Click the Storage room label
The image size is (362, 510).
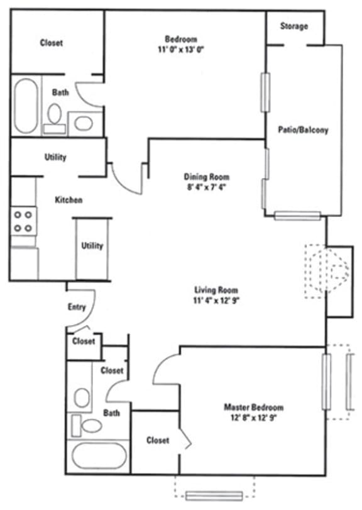coord(294,26)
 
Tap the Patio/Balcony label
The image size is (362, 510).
coord(303,130)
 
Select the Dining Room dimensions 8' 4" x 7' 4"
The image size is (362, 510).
coord(206,187)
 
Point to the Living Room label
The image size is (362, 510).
coord(216,290)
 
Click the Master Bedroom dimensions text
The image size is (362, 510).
coord(253,418)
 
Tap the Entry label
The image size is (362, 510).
coord(76,307)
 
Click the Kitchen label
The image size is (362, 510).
coord(69,200)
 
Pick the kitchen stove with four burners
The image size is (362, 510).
coord(23,221)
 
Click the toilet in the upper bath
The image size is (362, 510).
coord(55,116)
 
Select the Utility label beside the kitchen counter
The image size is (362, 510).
coord(92,246)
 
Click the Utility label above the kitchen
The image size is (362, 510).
coord(55,157)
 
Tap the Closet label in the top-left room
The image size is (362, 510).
coord(52,43)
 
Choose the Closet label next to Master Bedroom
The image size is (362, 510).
coord(157,440)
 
